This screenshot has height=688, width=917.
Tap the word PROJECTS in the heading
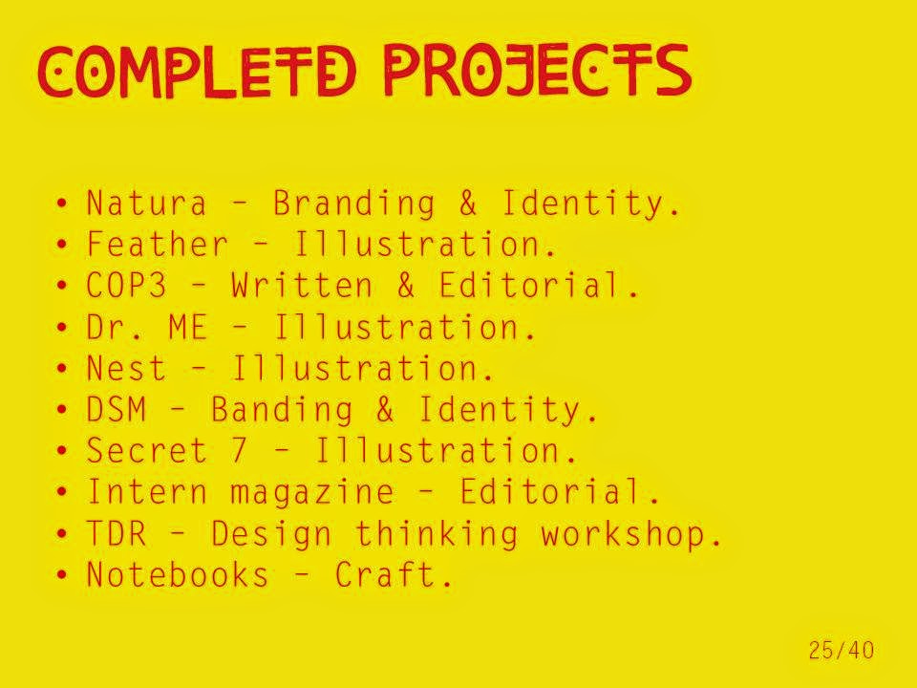538,70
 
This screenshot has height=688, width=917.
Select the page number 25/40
842,650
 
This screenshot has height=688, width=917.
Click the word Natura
146,203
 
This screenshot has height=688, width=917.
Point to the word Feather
157,244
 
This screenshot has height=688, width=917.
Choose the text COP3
126,286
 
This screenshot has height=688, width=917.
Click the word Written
301,286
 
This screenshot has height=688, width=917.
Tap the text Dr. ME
146,327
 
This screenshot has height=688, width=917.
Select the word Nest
126,368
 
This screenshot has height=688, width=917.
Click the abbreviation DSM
116,409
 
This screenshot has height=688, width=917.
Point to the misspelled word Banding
282,409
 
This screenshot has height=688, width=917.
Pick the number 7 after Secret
239,450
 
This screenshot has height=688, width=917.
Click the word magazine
311,492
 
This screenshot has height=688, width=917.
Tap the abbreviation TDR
116,533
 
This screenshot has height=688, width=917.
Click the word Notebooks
178,574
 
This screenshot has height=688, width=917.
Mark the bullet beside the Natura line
62,204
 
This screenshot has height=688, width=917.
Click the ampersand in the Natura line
468,203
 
